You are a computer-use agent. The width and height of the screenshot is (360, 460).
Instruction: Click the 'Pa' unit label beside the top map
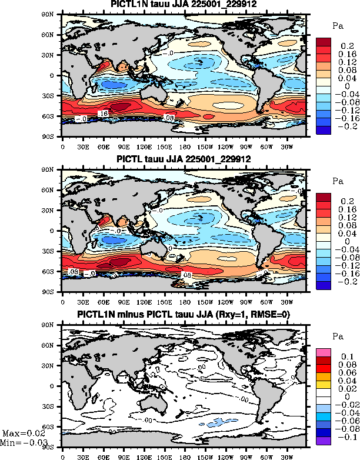coord(338,26)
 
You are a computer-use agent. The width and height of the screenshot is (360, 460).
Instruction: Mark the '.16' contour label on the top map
coord(102,112)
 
